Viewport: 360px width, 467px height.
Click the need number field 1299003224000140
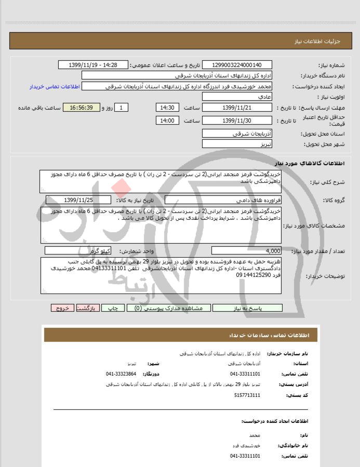coord(236,65)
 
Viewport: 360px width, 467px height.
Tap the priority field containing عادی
coord(236,97)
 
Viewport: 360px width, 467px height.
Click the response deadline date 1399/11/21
coord(236,108)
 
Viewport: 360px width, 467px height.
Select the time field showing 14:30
coord(167,108)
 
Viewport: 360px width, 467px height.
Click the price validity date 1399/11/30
coord(236,121)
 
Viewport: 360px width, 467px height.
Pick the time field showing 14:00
coord(167,121)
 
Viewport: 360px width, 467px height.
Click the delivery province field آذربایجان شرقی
coord(236,134)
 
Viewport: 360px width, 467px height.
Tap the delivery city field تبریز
coord(236,143)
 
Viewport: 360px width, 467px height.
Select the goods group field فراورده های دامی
coord(223,200)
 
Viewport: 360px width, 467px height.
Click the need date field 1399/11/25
coord(78,200)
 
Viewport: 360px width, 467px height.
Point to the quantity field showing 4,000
coord(247,250)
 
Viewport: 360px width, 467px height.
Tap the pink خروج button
coord(62,308)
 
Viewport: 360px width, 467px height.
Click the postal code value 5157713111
coord(245,395)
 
